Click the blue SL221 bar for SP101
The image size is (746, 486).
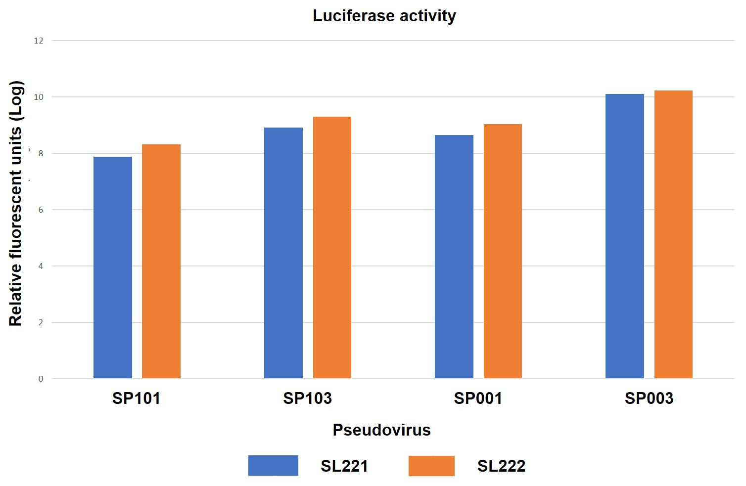click(113, 267)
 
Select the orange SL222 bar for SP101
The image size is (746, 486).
click(161, 262)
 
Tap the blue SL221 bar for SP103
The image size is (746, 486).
click(283, 253)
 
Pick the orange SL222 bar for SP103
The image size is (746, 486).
click(332, 248)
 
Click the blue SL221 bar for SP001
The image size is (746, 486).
click(454, 257)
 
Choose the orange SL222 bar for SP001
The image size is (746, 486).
click(503, 251)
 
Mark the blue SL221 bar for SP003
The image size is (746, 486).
click(625, 236)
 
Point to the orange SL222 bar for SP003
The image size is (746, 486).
click(673, 234)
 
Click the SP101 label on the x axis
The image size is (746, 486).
click(137, 398)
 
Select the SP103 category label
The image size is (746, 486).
click(307, 398)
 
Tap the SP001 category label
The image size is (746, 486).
click(478, 398)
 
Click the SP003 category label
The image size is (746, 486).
click(649, 398)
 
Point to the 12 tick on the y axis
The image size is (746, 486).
click(39, 41)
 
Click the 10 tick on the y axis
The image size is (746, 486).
click(39, 97)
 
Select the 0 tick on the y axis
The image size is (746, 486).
click(41, 379)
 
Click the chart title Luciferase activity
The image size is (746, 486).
click(384, 16)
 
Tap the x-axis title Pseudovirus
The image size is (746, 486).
click(381, 430)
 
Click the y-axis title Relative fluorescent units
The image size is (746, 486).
click(16, 203)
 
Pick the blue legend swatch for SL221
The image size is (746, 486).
click(273, 466)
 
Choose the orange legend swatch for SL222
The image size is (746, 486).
click(431, 466)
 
